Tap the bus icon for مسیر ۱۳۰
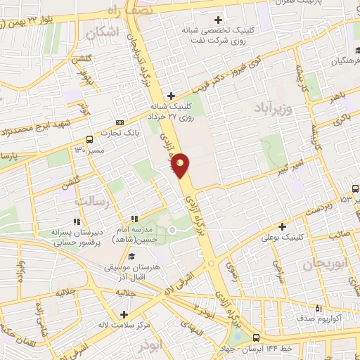pos(89,139)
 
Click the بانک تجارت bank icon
pos(120,122)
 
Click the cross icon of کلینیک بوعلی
pos(282,226)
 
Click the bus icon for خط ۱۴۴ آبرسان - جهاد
pos(256,337)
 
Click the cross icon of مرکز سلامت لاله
pos(124,314)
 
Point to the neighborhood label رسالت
pos(89,202)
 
